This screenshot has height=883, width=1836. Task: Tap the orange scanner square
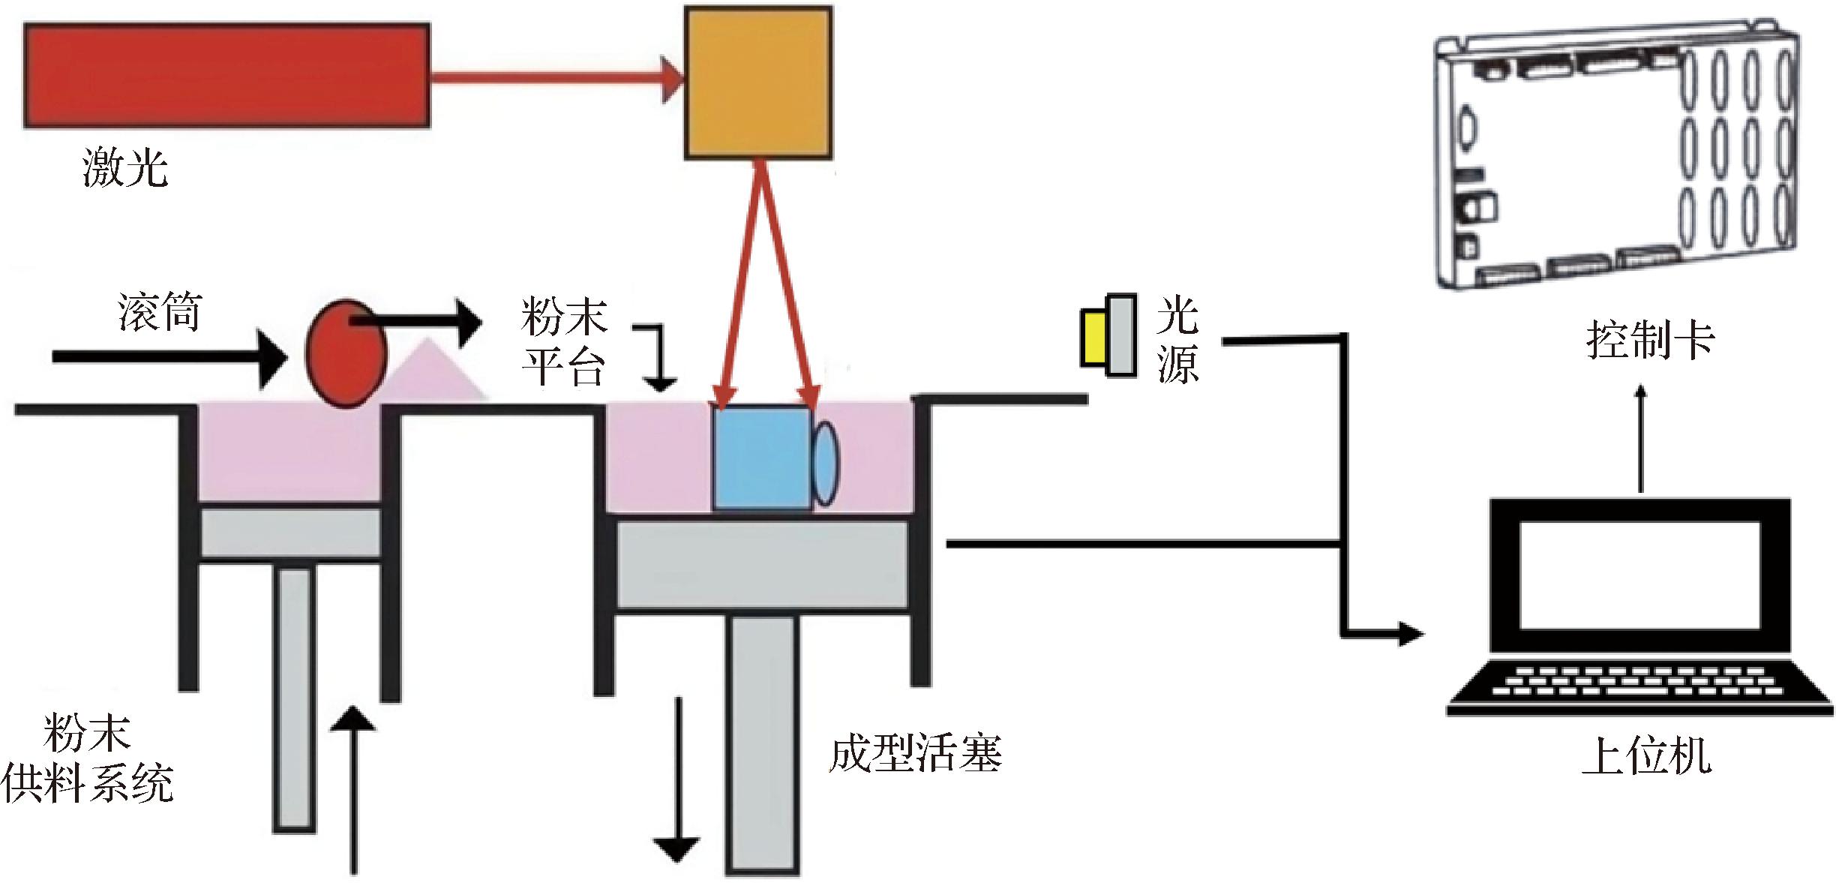tap(757, 83)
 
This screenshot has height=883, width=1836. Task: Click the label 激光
tap(124, 167)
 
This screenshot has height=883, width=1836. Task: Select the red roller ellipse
tap(345, 354)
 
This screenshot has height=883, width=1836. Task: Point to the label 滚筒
tap(159, 312)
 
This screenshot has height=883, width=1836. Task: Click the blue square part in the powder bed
tap(761, 458)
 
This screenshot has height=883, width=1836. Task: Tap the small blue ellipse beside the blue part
tap(825, 464)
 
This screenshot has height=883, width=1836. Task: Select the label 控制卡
tap(1650, 341)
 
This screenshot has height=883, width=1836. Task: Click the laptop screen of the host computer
tap(1639, 575)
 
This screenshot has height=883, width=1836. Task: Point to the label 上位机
tap(1646, 756)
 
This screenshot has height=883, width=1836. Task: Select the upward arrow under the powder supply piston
tap(352, 795)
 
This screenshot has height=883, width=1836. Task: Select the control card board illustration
tap(1616, 161)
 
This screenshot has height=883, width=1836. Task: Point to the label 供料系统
tap(87, 785)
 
